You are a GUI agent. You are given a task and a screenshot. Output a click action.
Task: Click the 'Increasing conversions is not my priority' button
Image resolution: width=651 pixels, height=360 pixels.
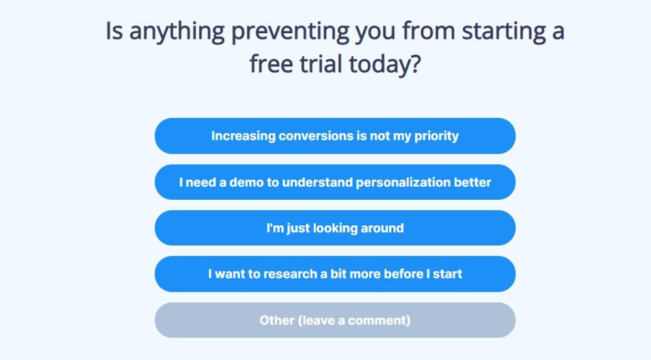[335, 136]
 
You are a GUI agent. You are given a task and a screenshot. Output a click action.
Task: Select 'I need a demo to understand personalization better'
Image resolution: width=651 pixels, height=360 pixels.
[335, 182]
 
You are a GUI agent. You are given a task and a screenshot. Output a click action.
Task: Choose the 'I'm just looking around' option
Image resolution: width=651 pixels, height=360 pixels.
[335, 228]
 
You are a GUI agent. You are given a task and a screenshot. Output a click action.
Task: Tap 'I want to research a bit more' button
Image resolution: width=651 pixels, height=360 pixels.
[335, 274]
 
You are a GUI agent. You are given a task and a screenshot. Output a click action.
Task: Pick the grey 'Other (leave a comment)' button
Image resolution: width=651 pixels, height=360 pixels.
[335, 320]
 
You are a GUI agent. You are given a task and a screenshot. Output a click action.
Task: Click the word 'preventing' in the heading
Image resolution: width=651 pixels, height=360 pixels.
[290, 32]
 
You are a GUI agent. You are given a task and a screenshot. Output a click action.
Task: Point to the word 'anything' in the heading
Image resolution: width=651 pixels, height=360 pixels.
[177, 32]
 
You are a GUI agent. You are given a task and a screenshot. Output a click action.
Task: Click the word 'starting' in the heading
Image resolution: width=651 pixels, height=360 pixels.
[504, 32]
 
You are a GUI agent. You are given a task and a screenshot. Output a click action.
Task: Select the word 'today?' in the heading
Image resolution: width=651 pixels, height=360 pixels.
[385, 65]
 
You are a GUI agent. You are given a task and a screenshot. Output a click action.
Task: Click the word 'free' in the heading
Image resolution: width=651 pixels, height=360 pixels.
[271, 64]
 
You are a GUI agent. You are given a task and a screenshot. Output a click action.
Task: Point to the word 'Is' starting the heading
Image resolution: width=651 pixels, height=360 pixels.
[114, 31]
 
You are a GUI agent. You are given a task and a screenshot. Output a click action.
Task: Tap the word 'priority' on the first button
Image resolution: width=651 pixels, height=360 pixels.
[436, 136]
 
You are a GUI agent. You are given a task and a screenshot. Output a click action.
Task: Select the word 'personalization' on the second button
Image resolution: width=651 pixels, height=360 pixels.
[403, 183]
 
